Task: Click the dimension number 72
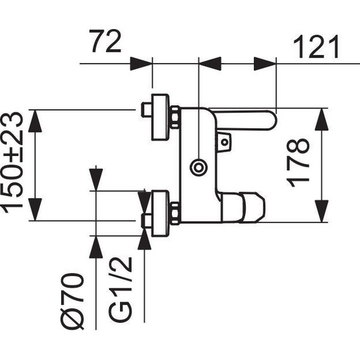105,42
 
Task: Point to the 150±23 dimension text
14,163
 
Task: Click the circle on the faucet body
199,167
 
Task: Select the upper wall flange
160,117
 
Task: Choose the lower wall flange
160,213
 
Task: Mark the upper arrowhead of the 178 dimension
321,120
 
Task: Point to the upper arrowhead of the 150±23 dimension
35,121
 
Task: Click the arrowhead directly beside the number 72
141,64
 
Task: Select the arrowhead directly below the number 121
265,64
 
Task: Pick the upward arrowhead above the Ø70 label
96,247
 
